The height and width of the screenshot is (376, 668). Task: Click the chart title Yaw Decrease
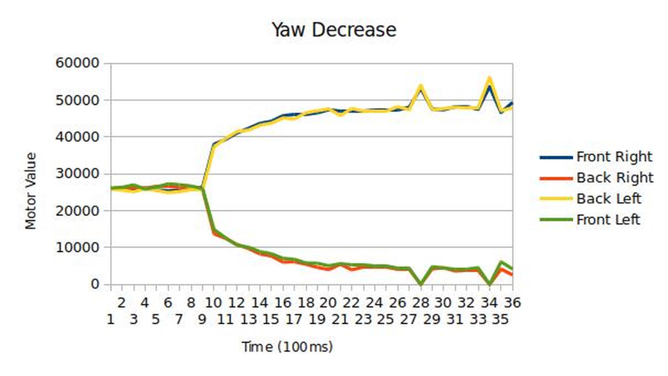(334, 30)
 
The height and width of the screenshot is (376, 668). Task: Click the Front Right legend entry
(614, 157)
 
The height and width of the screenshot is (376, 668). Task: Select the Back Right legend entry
(614, 178)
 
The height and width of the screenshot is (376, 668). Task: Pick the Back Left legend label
(608, 199)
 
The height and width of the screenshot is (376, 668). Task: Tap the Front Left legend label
(608, 220)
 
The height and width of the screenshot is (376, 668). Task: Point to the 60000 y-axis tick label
(78, 63)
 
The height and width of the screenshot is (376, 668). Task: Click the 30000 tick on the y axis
(78, 174)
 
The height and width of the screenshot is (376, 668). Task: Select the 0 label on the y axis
(95, 284)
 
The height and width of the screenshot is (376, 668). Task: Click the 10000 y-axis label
(78, 247)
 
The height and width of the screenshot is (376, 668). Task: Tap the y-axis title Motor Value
(31, 191)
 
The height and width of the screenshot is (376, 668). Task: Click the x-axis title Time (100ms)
(287, 347)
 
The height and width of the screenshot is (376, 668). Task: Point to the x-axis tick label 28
(421, 303)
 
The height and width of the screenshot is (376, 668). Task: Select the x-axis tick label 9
(202, 319)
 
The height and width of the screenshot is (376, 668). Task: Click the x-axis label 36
(512, 303)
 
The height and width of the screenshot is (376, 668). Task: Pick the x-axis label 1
(111, 319)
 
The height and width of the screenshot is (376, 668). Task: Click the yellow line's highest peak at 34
(490, 79)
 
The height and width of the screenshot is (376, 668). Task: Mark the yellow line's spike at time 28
(421, 86)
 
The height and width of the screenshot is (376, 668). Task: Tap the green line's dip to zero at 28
(421, 284)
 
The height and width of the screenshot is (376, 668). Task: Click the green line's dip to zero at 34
(490, 284)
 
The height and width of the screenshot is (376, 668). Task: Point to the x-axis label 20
(328, 303)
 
